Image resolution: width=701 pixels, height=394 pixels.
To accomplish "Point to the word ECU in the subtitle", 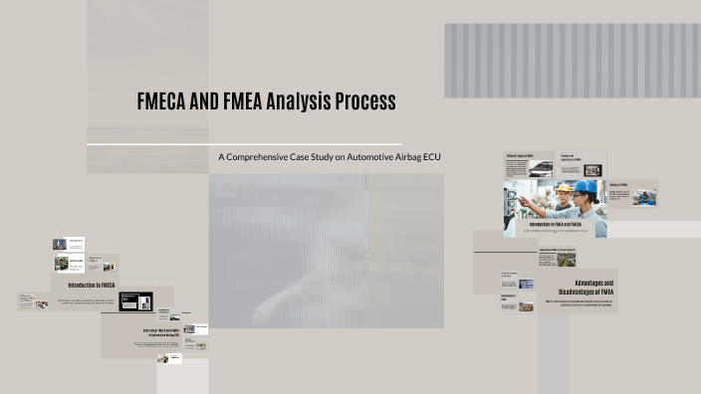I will coord(430,157).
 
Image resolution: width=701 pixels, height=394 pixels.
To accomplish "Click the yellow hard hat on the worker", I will coord(564,188).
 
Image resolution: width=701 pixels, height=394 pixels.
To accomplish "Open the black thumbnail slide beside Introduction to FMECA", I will coord(135,300).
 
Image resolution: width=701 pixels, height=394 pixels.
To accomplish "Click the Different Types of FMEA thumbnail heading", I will coord(520,156).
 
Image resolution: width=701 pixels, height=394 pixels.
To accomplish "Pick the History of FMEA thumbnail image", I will coord(644,196).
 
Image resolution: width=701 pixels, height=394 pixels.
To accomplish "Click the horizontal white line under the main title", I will coord(244,144).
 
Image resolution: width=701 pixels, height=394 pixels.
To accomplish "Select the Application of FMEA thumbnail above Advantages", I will coord(557,257).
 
